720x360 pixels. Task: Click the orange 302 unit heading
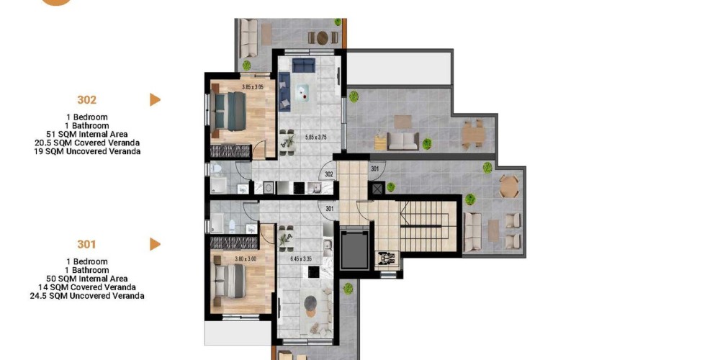[x=87, y=99]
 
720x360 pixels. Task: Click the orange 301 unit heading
[x=86, y=244]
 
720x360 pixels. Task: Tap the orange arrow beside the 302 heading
[x=156, y=99]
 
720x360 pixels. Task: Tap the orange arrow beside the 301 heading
[x=156, y=244]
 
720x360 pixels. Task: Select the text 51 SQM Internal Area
[x=87, y=134]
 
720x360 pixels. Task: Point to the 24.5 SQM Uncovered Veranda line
[x=87, y=296]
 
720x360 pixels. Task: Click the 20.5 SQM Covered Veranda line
[x=87, y=143]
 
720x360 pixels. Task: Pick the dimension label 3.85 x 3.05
[x=253, y=87]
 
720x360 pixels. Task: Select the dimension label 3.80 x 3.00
[x=246, y=259]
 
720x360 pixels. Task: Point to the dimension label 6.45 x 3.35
[x=301, y=259]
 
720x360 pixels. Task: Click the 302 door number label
[x=329, y=174]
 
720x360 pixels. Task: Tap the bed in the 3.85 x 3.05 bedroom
[x=229, y=111]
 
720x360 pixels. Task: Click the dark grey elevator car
[x=354, y=250]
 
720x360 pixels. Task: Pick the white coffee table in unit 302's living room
[x=305, y=93]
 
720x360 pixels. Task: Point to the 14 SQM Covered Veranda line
[x=87, y=287]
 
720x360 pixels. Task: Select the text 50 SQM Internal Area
[x=87, y=279]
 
